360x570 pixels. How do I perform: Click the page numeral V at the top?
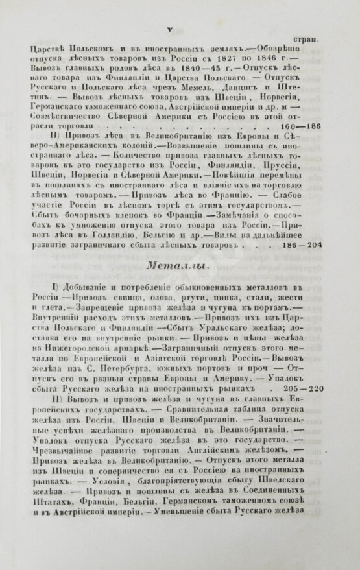pyautogui.click(x=169, y=27)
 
